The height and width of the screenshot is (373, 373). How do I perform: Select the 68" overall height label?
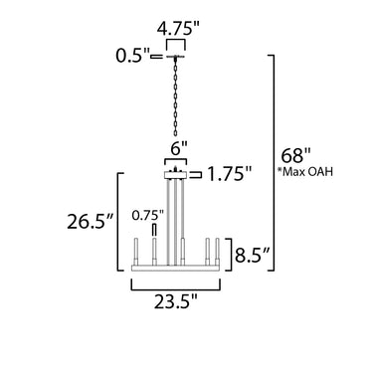(x=296, y=155)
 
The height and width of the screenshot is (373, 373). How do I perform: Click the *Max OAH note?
(x=304, y=172)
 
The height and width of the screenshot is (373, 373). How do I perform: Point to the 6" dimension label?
(x=179, y=149)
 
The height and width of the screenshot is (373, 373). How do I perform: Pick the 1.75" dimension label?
(x=229, y=174)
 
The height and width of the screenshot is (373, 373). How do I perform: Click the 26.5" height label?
(x=91, y=222)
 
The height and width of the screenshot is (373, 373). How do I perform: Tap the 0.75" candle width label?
(x=148, y=216)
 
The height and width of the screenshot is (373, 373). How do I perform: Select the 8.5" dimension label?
(x=250, y=255)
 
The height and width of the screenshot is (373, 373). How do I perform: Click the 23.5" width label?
(x=175, y=301)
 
